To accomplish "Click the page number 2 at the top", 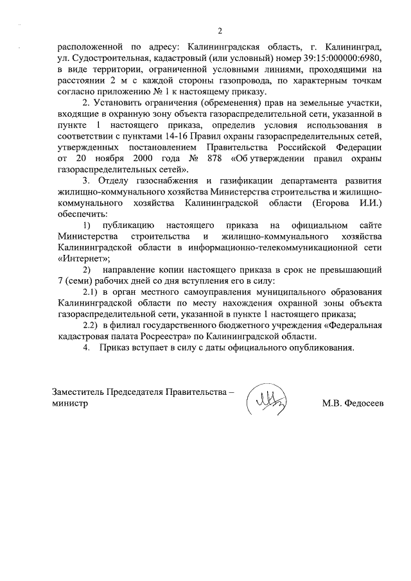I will point(220,31).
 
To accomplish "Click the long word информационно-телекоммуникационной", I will point(280,248).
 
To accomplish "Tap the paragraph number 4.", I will point(86,348).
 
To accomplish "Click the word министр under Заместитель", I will point(69,404).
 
